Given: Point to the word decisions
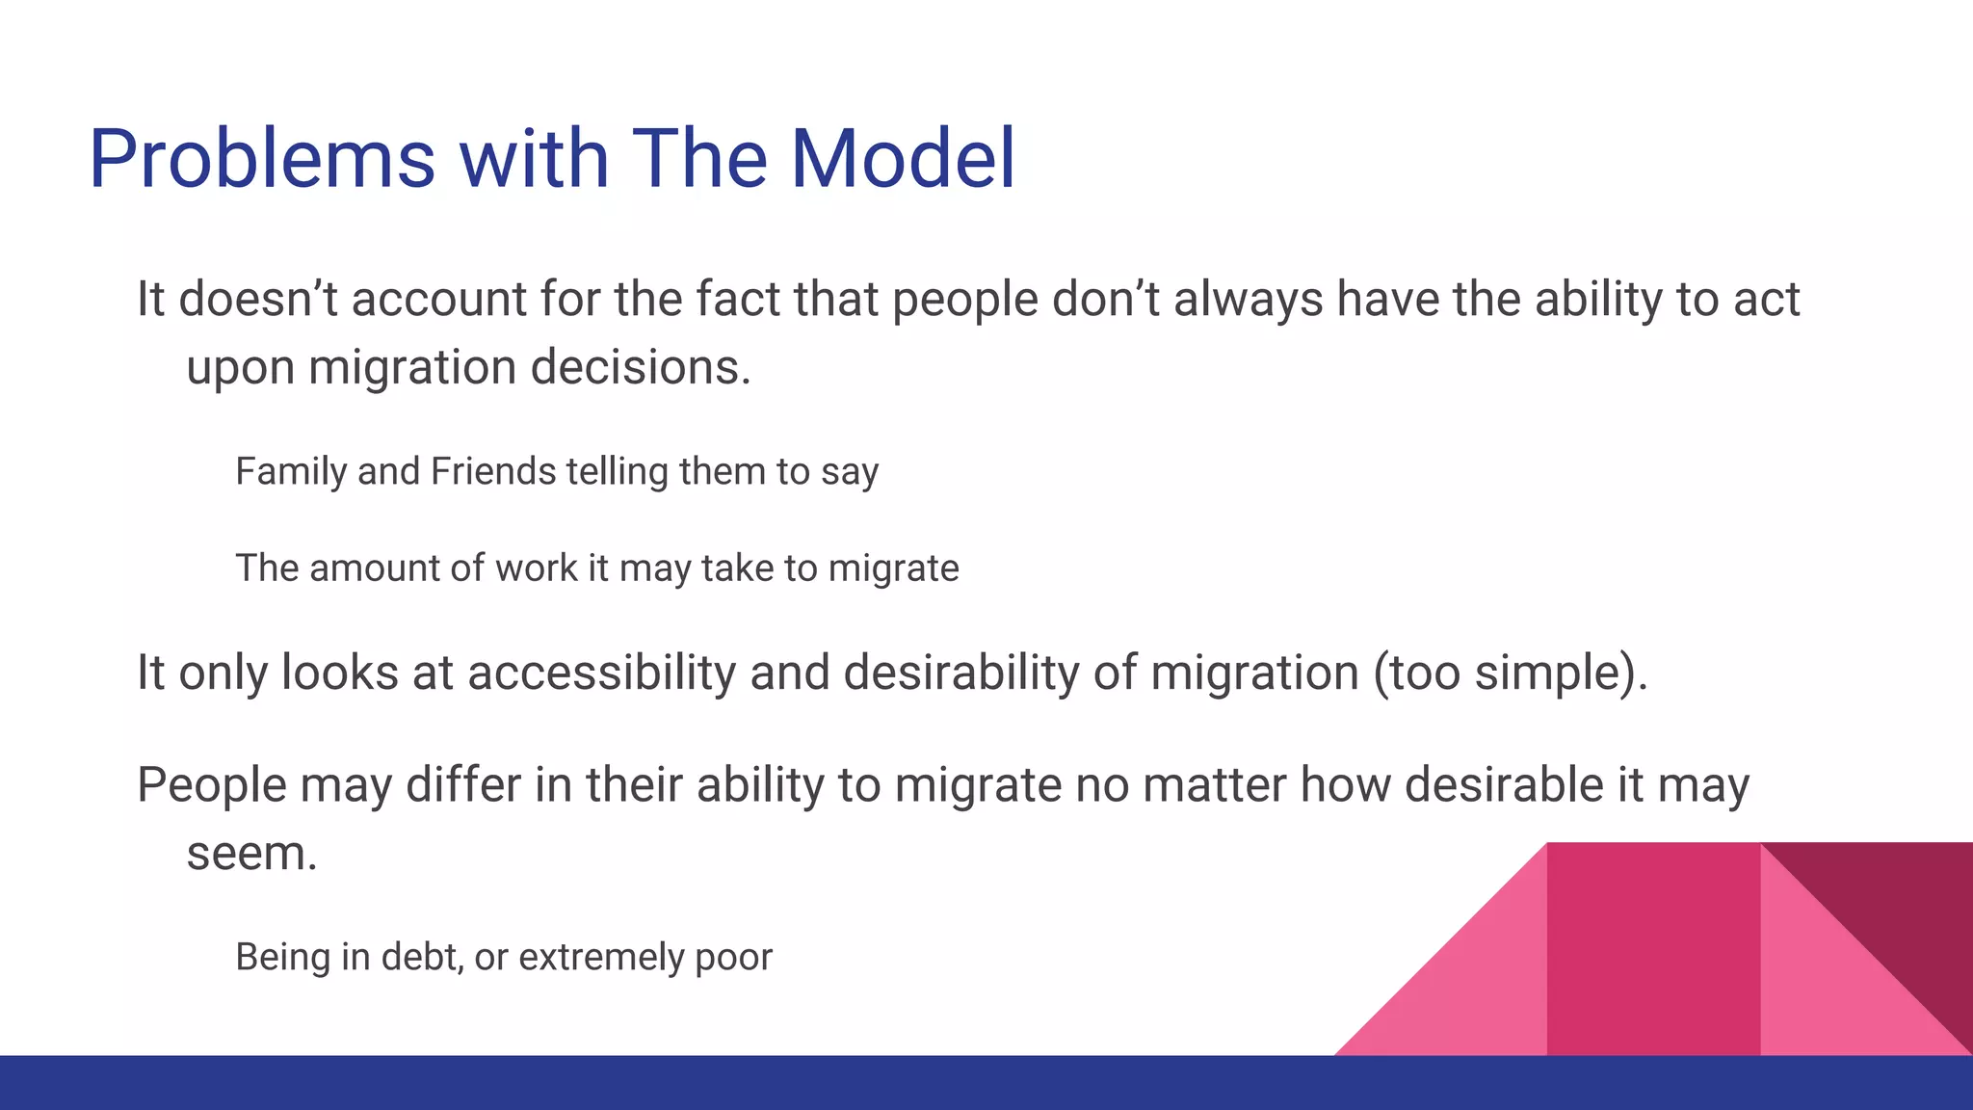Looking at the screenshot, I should click(640, 367).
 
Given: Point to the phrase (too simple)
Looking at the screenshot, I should click(1510, 673).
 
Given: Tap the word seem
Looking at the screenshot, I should click(250, 854).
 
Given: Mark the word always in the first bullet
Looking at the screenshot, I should click(1249, 299).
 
